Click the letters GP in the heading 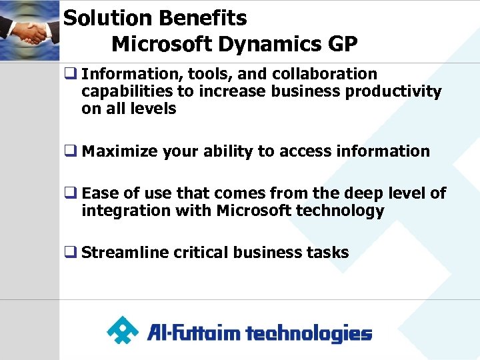click(342, 44)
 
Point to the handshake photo click(30, 30)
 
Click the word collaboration click(325, 74)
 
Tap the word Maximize click(116, 151)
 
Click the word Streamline click(124, 253)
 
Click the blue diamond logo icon click(123, 330)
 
